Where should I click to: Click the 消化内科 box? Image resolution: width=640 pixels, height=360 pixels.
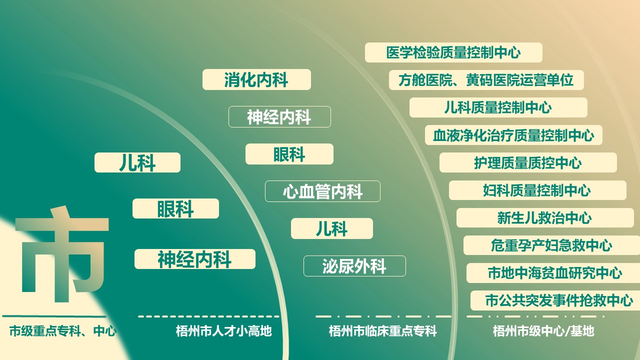(256, 79)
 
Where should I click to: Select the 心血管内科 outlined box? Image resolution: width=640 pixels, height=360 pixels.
(322, 191)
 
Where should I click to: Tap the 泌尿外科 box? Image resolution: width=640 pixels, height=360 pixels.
(354, 266)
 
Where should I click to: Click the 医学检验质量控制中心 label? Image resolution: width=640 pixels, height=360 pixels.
(453, 52)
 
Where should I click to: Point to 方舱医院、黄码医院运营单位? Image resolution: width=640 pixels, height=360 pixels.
(486, 80)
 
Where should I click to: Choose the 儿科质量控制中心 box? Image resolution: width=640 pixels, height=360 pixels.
(498, 107)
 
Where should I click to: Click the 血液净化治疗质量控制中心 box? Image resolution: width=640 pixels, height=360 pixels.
(513, 135)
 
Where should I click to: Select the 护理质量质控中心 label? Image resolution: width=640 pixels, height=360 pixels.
(528, 162)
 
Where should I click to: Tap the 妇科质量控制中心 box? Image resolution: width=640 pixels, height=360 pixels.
(537, 190)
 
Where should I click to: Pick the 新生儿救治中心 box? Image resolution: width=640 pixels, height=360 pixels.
(545, 217)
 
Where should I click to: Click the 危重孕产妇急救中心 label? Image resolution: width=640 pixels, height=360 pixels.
(551, 245)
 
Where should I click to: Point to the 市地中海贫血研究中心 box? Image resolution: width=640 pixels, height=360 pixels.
(553, 273)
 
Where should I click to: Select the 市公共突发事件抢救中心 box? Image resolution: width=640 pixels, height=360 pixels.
(555, 300)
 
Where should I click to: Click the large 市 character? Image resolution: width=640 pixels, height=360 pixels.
(62, 254)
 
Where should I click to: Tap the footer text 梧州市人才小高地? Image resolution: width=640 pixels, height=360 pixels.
(223, 331)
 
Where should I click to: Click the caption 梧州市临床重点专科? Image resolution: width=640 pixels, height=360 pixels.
(383, 331)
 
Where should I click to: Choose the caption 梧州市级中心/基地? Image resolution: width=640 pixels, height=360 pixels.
(543, 331)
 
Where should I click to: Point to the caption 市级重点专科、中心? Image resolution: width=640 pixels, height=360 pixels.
(63, 331)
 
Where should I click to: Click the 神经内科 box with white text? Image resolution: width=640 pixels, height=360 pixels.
(279, 117)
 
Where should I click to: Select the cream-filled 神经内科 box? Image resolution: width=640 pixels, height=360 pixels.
(195, 259)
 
